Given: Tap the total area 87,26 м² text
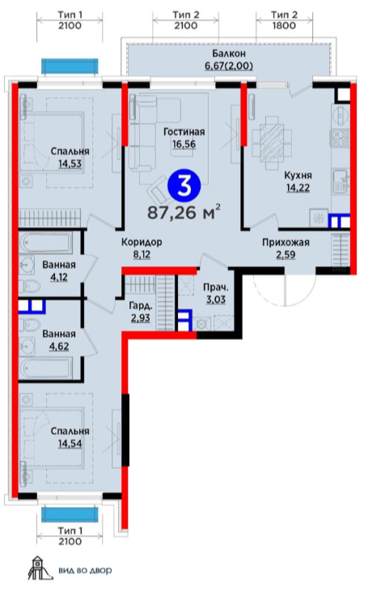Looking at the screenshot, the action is (184, 212).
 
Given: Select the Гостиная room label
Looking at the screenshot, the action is (184, 132).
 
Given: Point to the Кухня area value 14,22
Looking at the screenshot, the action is (298, 188).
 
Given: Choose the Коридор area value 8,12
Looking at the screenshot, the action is (142, 254).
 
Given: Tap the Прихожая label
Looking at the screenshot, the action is (286, 242).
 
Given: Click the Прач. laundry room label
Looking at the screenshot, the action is (216, 287).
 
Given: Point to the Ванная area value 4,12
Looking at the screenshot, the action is (59, 277).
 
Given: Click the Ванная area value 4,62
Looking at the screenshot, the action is (59, 347).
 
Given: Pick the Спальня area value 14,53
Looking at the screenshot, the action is (70, 164).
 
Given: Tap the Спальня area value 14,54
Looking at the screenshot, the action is (70, 443).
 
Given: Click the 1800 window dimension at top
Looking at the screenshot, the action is (284, 26).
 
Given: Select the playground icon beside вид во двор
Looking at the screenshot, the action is (39, 568).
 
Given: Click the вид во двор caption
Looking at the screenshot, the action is (85, 570).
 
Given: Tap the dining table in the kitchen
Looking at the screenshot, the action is (272, 143).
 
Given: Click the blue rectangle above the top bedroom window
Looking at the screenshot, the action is (70, 66).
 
